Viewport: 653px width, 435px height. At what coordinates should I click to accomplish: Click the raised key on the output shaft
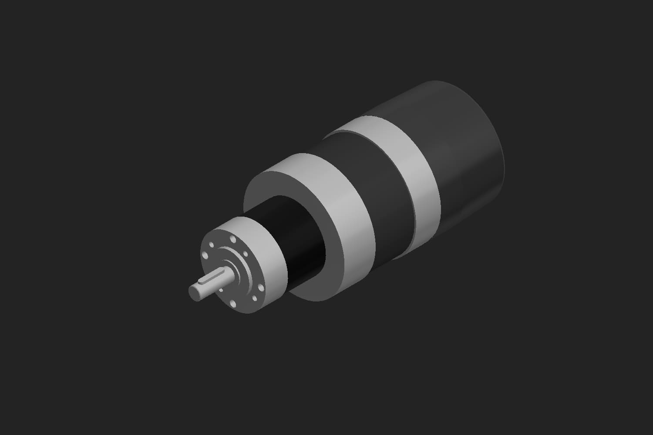(x=212, y=277)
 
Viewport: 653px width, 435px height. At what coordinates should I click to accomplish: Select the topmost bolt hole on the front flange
(x=233, y=239)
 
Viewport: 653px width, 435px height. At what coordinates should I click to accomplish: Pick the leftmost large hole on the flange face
(x=205, y=255)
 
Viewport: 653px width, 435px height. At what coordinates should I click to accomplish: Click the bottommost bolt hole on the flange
(x=233, y=304)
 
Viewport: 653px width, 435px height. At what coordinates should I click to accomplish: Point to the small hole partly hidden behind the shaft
(x=221, y=290)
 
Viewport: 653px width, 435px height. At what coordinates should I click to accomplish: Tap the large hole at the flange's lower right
(x=261, y=288)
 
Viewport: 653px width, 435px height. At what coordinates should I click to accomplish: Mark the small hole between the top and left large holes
(x=211, y=245)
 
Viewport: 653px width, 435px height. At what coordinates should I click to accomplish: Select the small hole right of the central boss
(x=246, y=254)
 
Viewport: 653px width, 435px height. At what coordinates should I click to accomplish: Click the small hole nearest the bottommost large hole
(x=255, y=298)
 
